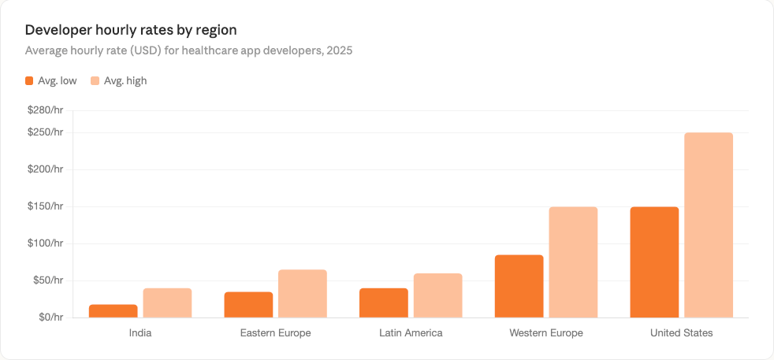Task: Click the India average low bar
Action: pos(113,311)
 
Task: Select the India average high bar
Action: pos(167,303)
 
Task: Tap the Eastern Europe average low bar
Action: pos(248,305)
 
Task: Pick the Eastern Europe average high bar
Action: pos(303,294)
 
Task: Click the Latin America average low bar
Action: pos(384,303)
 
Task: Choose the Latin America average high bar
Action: pos(437,295)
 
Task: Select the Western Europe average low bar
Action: pos(519,287)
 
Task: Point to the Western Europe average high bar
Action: pos(573,262)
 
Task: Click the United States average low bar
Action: pos(654,262)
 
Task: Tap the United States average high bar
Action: pos(709,225)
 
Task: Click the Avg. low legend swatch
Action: pos(29,80)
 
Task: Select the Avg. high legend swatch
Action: pos(95,80)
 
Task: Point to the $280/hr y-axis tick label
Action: pos(45,110)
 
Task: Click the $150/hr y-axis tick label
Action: pos(45,206)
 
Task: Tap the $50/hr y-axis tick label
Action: pos(47,280)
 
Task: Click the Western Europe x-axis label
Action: pos(545,333)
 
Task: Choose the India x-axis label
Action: pos(140,333)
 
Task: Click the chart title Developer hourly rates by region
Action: pos(131,30)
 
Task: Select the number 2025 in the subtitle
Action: pos(339,50)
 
